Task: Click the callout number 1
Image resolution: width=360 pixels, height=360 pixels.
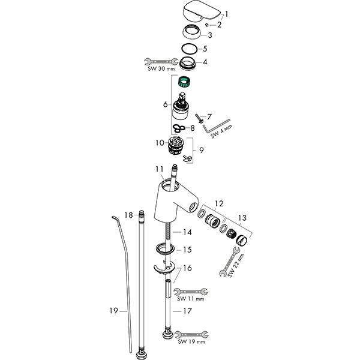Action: click(x=226, y=14)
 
